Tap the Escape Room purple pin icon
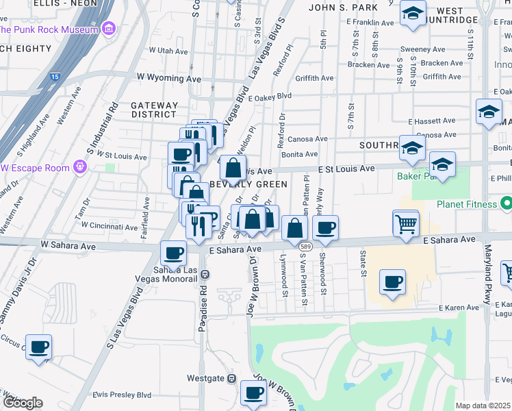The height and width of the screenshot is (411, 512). coord(80,166)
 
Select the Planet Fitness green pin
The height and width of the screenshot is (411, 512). coord(507,203)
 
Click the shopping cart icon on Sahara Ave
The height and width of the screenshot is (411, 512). coord(407,223)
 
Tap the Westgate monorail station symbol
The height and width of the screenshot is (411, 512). coord(232,377)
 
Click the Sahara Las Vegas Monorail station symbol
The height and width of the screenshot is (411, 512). coord(205,273)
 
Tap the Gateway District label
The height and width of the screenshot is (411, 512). coord(154,110)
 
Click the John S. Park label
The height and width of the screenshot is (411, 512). coord(344,8)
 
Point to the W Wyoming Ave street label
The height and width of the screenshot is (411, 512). coord(168,79)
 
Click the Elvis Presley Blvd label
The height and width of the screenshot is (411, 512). coord(122,395)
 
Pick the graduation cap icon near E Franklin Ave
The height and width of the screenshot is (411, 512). coord(413,14)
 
